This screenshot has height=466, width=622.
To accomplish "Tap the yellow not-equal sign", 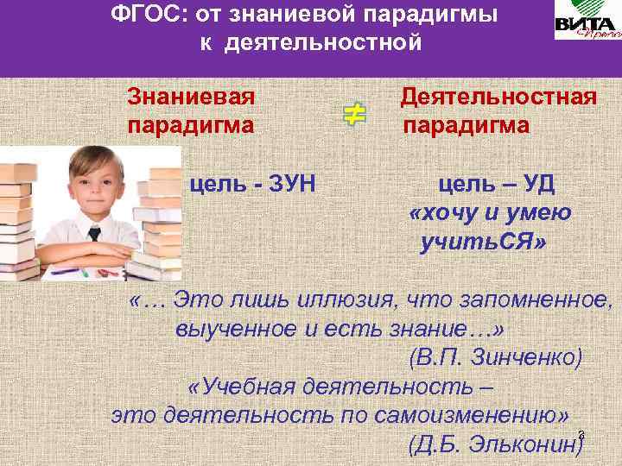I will point(353,115).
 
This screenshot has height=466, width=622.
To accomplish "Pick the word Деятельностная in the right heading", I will point(498,95).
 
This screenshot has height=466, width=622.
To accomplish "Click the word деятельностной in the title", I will point(312,41).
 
